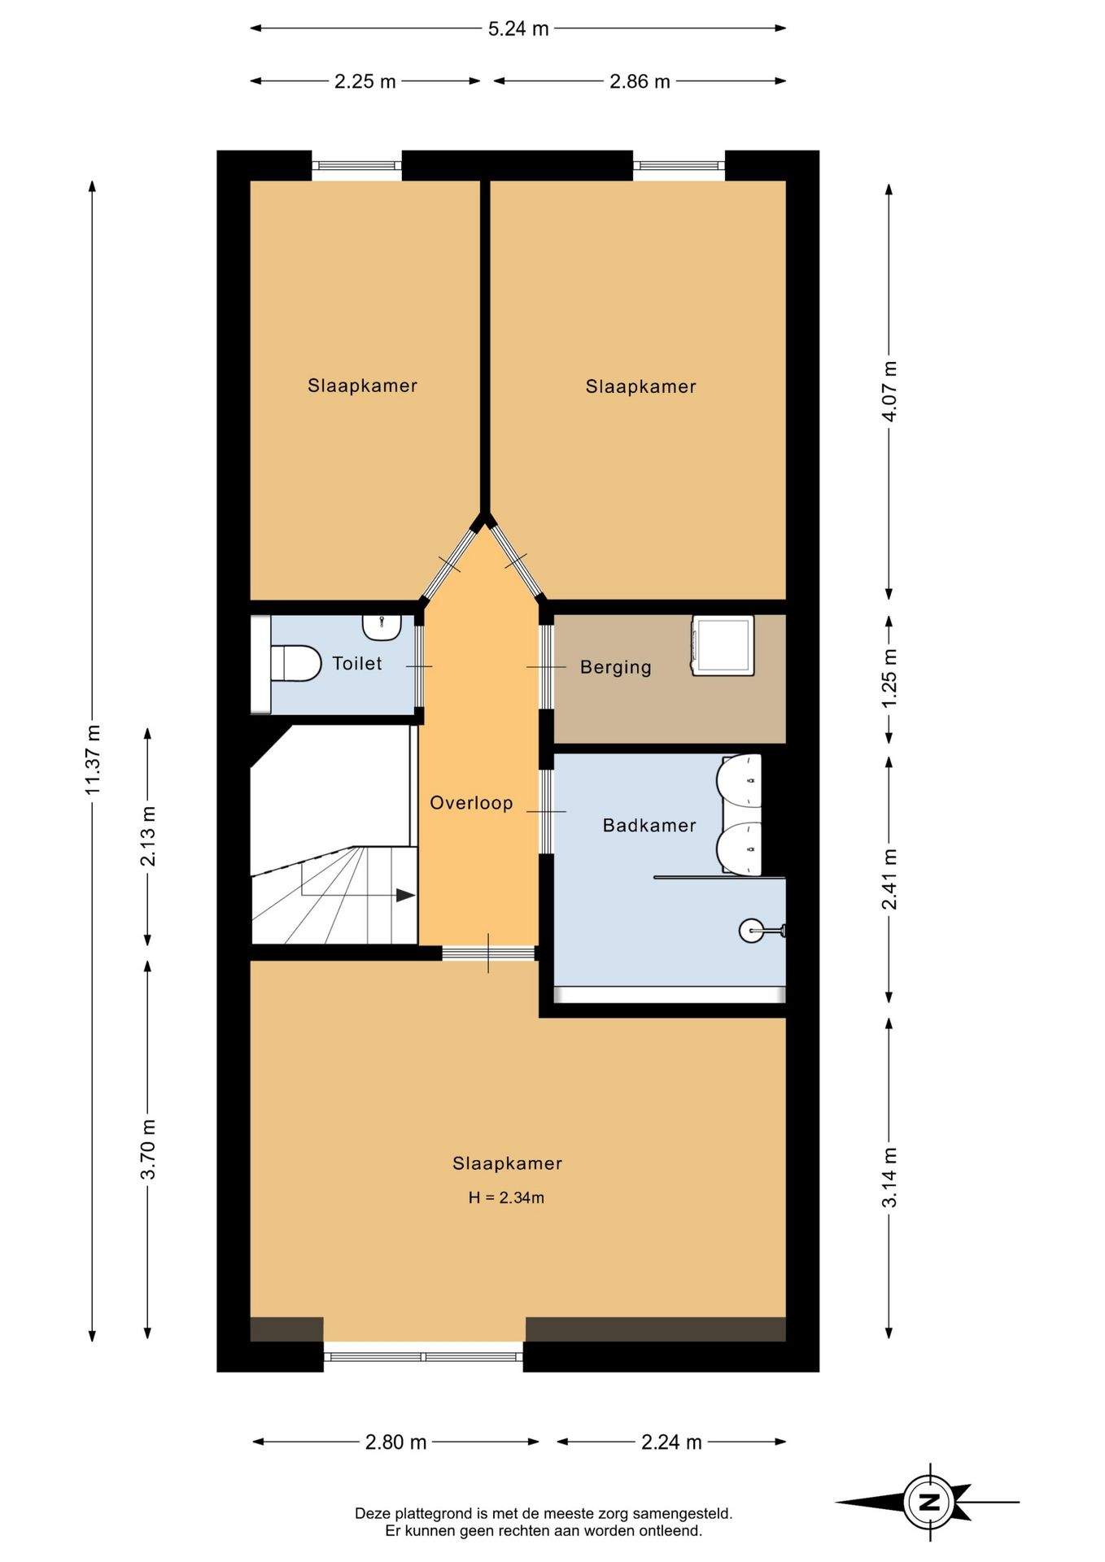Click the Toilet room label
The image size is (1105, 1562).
click(x=356, y=663)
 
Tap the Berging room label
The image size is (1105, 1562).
click(x=616, y=667)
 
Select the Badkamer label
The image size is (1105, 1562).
click(x=649, y=825)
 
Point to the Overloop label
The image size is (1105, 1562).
click(x=471, y=803)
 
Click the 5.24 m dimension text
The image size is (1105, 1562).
click(x=518, y=28)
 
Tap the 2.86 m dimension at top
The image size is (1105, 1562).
click(x=640, y=81)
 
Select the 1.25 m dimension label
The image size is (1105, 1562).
click(x=889, y=678)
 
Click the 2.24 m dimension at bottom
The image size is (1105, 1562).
click(x=671, y=1442)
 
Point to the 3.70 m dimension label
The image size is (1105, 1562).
click(x=148, y=1149)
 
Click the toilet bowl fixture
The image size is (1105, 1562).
click(x=295, y=663)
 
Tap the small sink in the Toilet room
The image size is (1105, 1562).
click(x=382, y=626)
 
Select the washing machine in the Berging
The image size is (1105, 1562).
click(x=723, y=645)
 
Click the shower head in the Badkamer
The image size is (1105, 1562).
click(x=762, y=930)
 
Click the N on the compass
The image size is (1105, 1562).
click(x=929, y=1502)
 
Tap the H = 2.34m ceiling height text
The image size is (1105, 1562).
click(x=506, y=1198)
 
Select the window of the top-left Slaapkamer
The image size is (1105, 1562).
click(x=357, y=166)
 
